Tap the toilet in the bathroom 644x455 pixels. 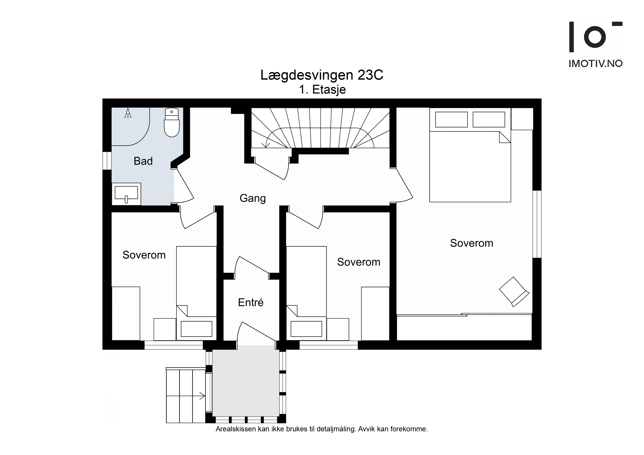coord(172,123)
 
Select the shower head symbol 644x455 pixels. coord(128,113)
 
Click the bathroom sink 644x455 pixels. coord(126,194)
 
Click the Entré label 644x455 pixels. coord(251,303)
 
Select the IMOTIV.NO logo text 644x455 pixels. coord(596,64)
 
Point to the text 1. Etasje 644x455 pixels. coord(322,90)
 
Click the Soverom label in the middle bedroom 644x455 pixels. coord(359,262)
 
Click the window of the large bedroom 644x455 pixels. coord(537,224)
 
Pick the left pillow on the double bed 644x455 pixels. coord(451,119)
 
